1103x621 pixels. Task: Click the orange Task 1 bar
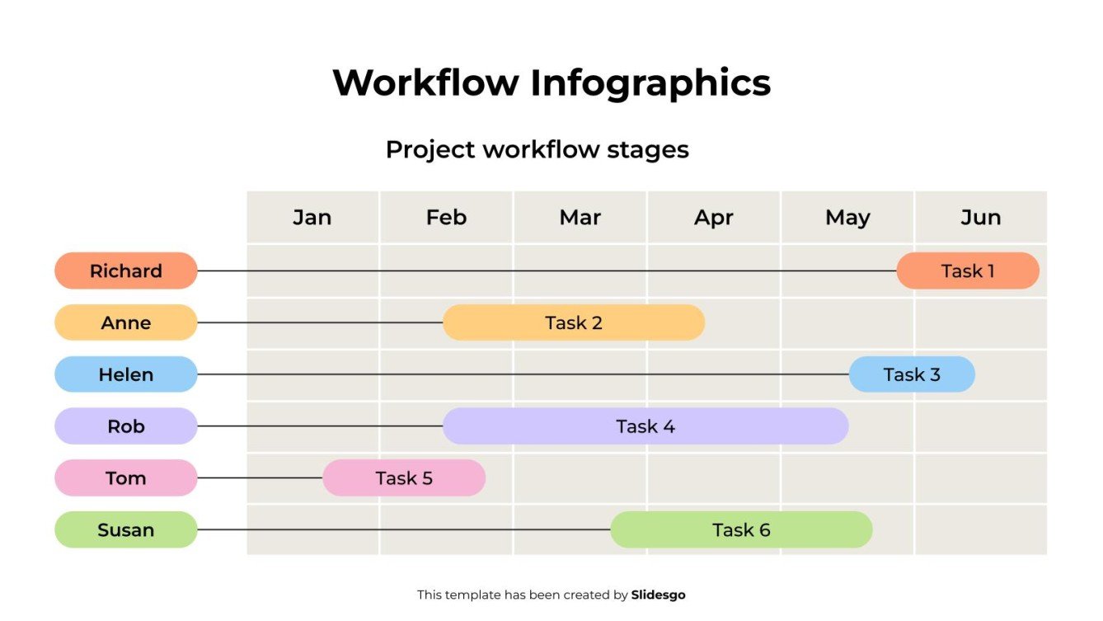pyautogui.click(x=967, y=271)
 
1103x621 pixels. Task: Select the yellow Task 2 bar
pyautogui.click(x=573, y=322)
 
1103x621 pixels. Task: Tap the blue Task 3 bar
pyautogui.click(x=911, y=374)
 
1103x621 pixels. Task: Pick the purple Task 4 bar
pyautogui.click(x=645, y=426)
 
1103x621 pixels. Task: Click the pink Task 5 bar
pyautogui.click(x=403, y=478)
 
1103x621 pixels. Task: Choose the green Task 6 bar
pyautogui.click(x=740, y=529)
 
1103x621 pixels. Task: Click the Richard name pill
pyautogui.click(x=126, y=271)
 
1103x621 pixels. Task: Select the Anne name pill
pyautogui.click(x=126, y=322)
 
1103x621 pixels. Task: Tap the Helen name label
pyautogui.click(x=126, y=374)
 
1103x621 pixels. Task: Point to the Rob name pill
pyautogui.click(x=126, y=426)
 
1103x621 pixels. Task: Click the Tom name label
pyautogui.click(x=126, y=478)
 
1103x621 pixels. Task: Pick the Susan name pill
pyautogui.click(x=126, y=529)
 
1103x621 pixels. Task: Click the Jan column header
pyautogui.click(x=312, y=218)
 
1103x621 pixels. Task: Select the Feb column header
pyautogui.click(x=446, y=218)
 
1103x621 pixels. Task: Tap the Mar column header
pyautogui.click(x=580, y=218)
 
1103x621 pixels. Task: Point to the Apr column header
pyautogui.click(x=714, y=218)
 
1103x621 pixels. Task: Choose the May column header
pyautogui.click(x=847, y=218)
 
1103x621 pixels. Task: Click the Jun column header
pyautogui.click(x=980, y=218)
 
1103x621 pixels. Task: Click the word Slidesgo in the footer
pyautogui.click(x=658, y=595)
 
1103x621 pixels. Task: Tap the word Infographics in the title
pyautogui.click(x=650, y=83)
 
